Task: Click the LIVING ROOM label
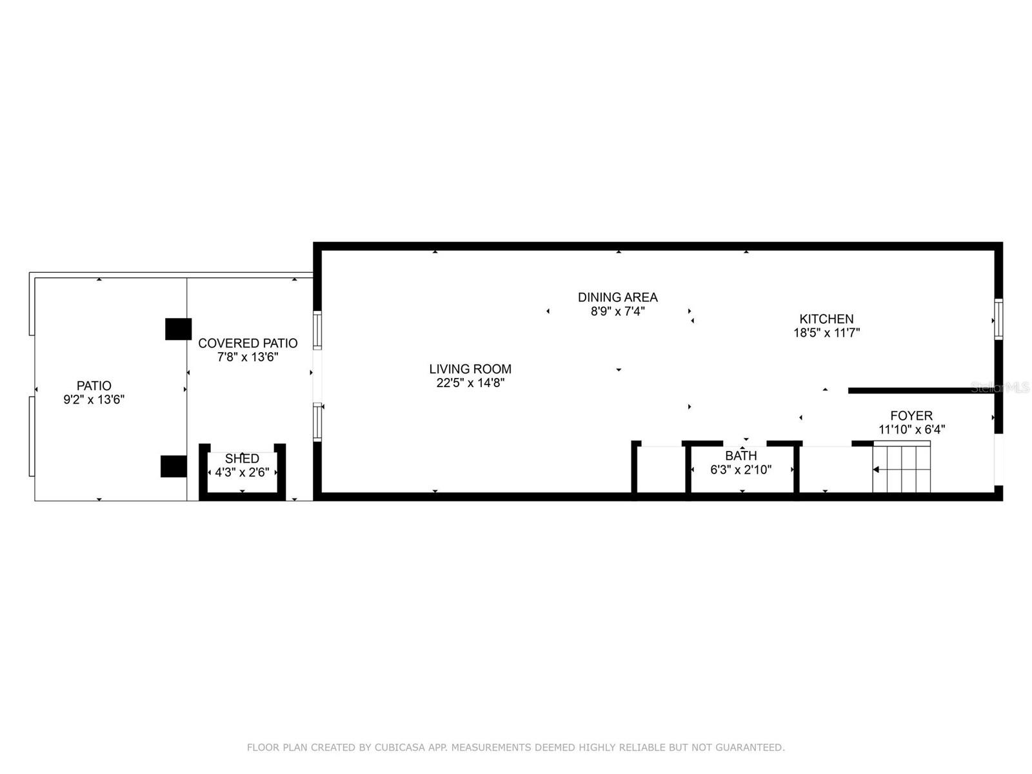point(470,369)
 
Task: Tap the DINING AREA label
point(617,297)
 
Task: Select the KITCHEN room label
point(826,319)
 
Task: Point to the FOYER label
point(911,415)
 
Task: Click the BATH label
point(740,455)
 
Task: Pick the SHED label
point(242,459)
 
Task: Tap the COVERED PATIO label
point(248,343)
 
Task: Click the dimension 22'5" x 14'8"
point(470,382)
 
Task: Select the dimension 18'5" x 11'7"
point(826,333)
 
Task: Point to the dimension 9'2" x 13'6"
point(94,399)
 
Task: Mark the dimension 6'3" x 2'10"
point(740,470)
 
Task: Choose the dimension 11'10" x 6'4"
point(911,429)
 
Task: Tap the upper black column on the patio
point(178,329)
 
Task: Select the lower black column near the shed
point(174,466)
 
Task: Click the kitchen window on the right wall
point(998,319)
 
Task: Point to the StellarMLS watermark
point(1000,388)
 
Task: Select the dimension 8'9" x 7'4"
point(617,311)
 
